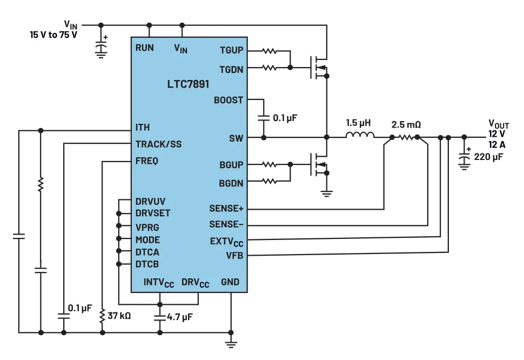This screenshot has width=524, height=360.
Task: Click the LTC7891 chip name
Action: (x=188, y=85)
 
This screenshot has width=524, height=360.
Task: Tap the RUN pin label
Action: (x=144, y=48)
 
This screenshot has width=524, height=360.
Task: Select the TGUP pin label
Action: (x=231, y=51)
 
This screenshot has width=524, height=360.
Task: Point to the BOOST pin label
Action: (x=229, y=100)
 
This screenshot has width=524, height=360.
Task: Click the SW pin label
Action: (x=236, y=138)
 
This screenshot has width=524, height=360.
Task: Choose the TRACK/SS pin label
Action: (x=158, y=144)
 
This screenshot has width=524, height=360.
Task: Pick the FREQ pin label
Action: (x=147, y=161)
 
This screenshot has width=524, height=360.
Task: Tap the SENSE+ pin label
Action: (x=226, y=208)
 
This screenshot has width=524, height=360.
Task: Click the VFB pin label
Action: (x=234, y=255)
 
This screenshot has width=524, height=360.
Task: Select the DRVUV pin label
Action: (x=150, y=201)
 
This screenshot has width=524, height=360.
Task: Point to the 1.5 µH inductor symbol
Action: (x=359, y=135)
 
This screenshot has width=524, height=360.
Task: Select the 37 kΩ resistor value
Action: (x=119, y=314)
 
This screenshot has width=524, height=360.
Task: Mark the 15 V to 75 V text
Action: (x=53, y=34)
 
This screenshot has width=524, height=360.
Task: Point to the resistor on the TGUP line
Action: (x=270, y=51)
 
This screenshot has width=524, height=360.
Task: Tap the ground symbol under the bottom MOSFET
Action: (x=327, y=192)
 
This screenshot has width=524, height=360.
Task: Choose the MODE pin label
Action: (x=147, y=239)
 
